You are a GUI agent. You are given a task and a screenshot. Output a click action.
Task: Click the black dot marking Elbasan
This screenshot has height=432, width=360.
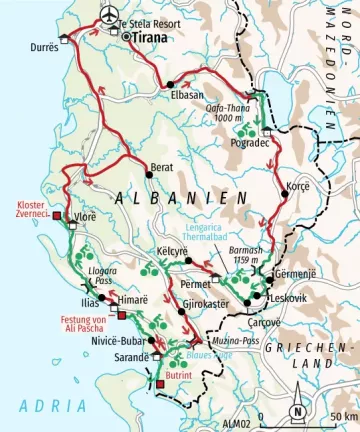click(x=171, y=85)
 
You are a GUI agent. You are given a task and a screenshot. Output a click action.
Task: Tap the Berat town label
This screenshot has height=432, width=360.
click(x=160, y=165)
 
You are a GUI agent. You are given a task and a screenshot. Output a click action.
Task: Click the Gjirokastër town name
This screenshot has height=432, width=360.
click(x=209, y=302)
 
